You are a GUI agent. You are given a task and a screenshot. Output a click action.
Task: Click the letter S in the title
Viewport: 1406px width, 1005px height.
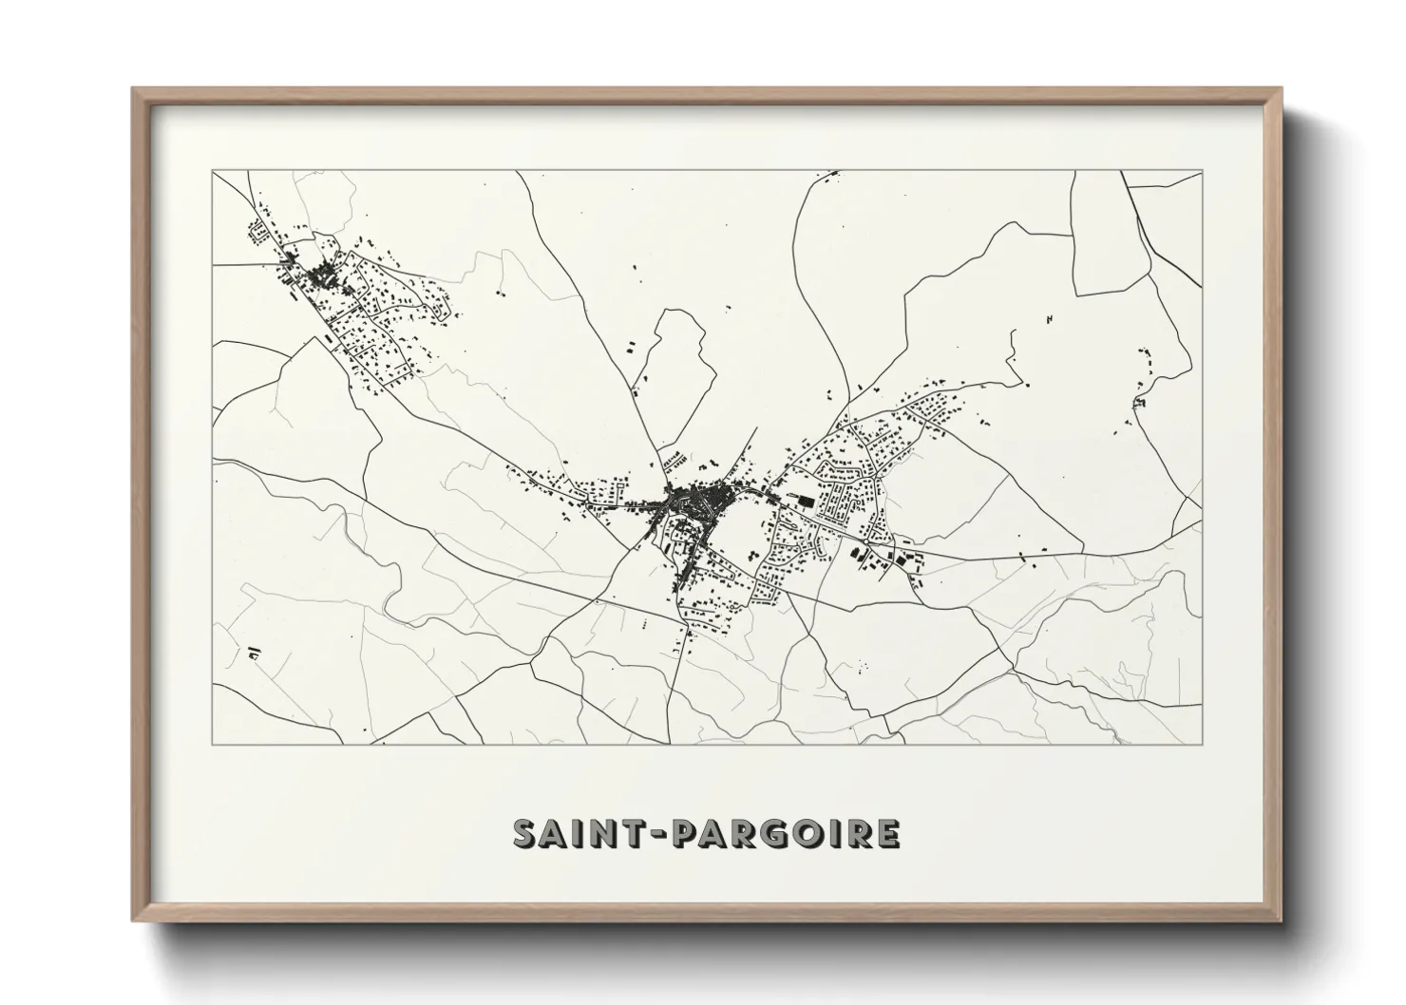tap(526, 834)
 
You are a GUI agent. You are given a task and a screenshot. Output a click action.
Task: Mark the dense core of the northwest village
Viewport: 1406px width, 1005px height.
tap(320, 275)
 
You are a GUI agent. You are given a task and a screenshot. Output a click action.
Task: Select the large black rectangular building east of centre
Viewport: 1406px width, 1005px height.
tap(806, 501)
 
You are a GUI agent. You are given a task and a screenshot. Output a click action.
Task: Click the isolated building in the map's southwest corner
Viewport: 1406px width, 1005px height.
tap(254, 653)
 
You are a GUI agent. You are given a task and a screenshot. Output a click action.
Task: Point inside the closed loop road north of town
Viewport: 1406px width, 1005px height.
tap(676, 361)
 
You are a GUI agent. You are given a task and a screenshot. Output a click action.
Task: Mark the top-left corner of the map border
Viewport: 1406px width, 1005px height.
tap(212, 171)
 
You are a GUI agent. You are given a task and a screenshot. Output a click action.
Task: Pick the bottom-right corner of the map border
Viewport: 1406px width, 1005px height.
tap(1203, 745)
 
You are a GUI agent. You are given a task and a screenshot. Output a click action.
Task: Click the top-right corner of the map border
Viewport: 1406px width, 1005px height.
tap(1203, 171)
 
